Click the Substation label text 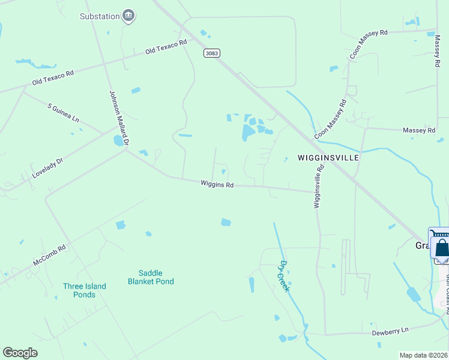click(x=100, y=16)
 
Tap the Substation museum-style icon click(x=128, y=16)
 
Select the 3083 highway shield click(x=211, y=53)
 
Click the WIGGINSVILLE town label click(x=328, y=157)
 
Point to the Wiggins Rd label click(x=217, y=185)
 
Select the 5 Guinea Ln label click(x=63, y=113)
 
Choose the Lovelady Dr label click(x=47, y=170)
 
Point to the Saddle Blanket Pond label click(x=151, y=277)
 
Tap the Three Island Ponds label click(x=84, y=290)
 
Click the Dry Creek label click(x=283, y=275)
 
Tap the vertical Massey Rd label click(x=437, y=50)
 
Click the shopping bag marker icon click(x=442, y=247)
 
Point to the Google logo click(x=20, y=353)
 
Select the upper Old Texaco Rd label click(x=166, y=47)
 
